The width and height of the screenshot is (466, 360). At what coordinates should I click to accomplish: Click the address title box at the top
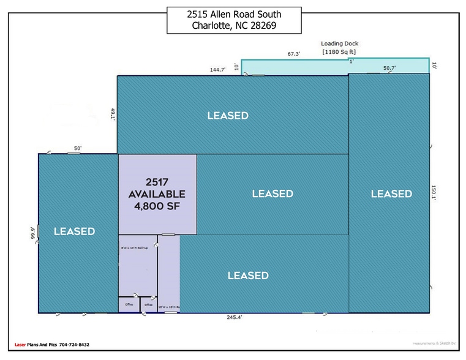[234, 20]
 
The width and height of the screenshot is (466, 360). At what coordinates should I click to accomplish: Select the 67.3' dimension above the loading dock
[294, 54]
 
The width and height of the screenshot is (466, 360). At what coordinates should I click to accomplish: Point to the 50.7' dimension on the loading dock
[389, 69]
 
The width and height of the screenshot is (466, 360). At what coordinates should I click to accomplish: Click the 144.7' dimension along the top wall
[217, 70]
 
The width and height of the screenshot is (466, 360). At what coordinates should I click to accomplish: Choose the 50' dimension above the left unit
[78, 148]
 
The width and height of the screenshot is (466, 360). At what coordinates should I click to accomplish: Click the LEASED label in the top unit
[227, 116]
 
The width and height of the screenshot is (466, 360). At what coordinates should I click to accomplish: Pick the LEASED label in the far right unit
[391, 193]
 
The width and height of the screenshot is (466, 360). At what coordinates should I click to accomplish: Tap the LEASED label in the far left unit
[74, 231]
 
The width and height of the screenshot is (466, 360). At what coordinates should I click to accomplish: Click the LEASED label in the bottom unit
[248, 276]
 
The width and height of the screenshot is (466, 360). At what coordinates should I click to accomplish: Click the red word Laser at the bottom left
[21, 345]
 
